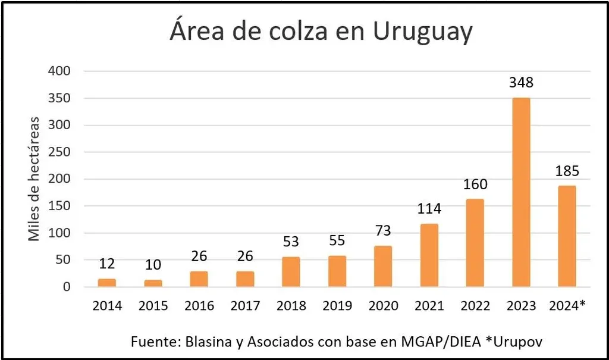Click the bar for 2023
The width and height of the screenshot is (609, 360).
[x=521, y=192]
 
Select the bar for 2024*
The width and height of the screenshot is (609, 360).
[x=567, y=236]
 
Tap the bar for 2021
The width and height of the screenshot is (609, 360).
[x=429, y=255]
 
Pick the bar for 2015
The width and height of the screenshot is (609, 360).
[x=153, y=283]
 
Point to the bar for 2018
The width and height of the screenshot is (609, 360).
[x=291, y=272]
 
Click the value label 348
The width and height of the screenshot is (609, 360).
[x=521, y=83]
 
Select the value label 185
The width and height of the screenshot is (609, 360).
[x=567, y=172]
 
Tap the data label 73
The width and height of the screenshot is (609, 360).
[x=383, y=231]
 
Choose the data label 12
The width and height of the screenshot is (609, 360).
[x=107, y=264]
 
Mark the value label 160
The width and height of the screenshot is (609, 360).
[x=475, y=184]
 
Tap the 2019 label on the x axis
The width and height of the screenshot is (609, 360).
[x=337, y=306]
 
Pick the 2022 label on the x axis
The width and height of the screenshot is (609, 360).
[x=475, y=306]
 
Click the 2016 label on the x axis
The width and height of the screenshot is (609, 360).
[x=199, y=306]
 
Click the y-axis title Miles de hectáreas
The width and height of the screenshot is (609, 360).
[x=34, y=179]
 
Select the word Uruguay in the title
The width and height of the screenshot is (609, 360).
[x=423, y=32]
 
